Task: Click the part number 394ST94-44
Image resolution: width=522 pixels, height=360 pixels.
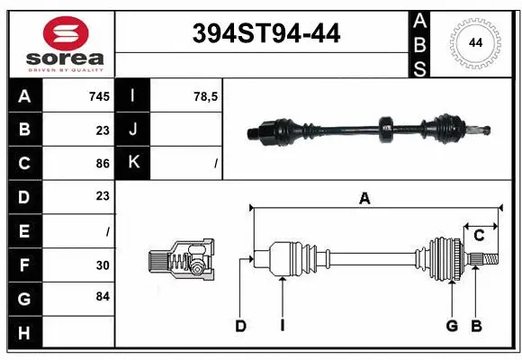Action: tap(267, 34)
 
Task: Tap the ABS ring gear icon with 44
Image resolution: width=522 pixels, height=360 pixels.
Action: tap(473, 43)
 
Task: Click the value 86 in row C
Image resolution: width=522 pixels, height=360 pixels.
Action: tap(103, 163)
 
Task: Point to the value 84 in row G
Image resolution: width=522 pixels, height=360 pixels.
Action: tap(103, 296)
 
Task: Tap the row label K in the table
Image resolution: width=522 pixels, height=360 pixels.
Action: tap(134, 163)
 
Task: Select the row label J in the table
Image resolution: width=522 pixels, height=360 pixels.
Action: tap(134, 130)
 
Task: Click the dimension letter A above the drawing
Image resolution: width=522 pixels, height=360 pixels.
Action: tap(364, 199)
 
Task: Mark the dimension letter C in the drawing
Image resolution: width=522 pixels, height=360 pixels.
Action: tap(479, 236)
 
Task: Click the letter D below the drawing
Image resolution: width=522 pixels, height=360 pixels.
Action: tap(240, 326)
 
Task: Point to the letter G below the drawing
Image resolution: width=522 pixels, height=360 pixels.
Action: tap(452, 326)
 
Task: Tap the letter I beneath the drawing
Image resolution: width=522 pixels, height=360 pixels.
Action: tap(282, 326)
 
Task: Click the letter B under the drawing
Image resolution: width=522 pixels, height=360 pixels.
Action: tap(477, 326)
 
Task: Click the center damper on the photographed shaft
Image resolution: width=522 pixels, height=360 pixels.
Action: tap(387, 130)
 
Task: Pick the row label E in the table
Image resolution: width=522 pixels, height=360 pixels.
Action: tap(23, 230)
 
